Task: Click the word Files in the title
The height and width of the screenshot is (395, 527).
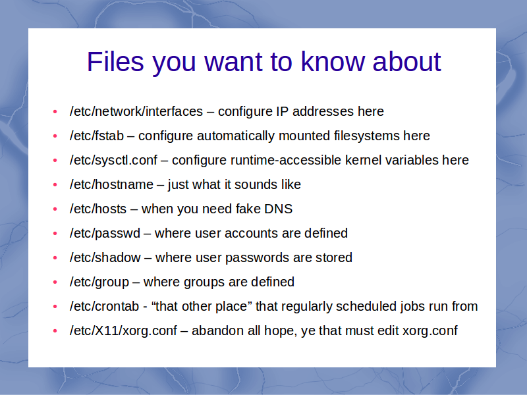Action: tap(115, 62)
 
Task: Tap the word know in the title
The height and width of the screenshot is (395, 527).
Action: tap(333, 62)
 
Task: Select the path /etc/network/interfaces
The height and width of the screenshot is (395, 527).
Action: tap(136, 111)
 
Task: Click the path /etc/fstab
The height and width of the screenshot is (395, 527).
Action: tap(97, 136)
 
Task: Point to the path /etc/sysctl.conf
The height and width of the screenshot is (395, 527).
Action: tap(113, 161)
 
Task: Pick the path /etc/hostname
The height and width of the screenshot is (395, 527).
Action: tap(111, 185)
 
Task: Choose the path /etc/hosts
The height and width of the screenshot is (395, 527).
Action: tap(97, 209)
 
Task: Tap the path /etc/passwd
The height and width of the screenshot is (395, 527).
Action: tap(105, 234)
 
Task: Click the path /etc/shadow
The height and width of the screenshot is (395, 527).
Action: tap(105, 257)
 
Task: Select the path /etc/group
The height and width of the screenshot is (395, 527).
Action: tap(99, 282)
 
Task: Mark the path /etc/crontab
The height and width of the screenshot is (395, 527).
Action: tap(104, 306)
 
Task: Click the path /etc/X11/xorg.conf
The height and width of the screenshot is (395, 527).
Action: tap(123, 331)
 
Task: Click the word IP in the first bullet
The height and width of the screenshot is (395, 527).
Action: tap(283, 111)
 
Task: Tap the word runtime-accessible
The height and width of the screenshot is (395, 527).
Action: tap(286, 160)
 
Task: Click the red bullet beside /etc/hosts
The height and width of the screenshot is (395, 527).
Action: tap(55, 209)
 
